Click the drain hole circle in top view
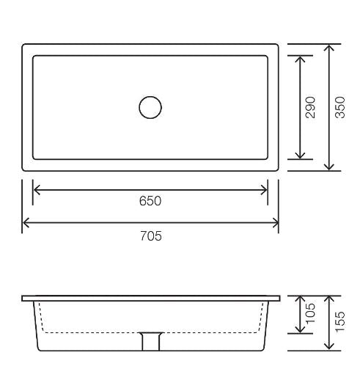click(150, 107)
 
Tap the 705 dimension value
click(150, 235)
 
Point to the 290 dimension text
click(311, 107)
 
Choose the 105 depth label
click(311, 314)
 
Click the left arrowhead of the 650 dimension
click(36, 190)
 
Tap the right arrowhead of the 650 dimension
click(265, 190)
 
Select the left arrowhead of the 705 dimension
click(26, 223)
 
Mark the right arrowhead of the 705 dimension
click(275, 223)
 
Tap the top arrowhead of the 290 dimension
click(300, 59)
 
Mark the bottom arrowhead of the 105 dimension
click(300, 329)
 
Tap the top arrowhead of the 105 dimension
click(300, 300)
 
